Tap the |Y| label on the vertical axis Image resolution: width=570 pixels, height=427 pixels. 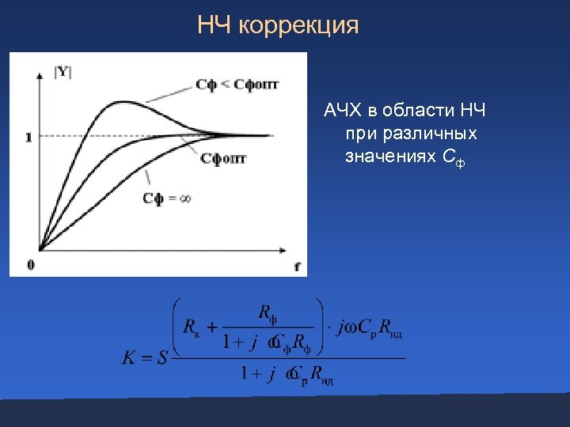pyautogui.click(x=62, y=72)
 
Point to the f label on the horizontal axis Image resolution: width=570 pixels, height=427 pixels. pyautogui.click(x=297, y=267)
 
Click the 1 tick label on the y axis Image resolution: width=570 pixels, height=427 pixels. pyautogui.click(x=28, y=137)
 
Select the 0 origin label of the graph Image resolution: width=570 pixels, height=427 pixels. pyautogui.click(x=30, y=264)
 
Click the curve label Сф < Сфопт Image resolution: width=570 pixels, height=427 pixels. pyautogui.click(x=237, y=85)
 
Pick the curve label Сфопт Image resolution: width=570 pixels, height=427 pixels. pyautogui.click(x=223, y=158)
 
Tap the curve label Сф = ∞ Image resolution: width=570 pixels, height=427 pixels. pyautogui.click(x=167, y=198)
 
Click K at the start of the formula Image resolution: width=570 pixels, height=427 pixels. pyautogui.click(x=128, y=357)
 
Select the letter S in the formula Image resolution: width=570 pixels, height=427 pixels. pyautogui.click(x=161, y=357)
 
